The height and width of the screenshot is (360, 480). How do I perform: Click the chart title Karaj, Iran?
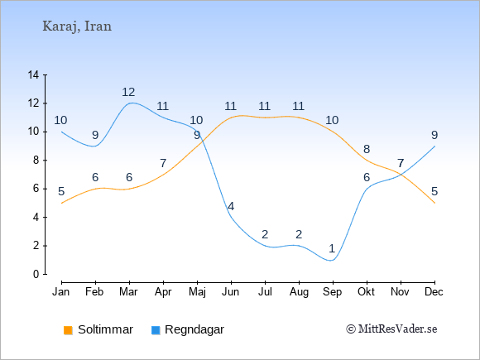point(77,26)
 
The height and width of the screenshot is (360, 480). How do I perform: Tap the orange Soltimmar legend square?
point(68,330)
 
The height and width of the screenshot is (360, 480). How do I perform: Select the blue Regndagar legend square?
point(156,330)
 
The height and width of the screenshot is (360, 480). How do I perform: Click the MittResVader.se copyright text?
point(391,329)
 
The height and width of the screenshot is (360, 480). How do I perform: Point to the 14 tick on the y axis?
point(33,74)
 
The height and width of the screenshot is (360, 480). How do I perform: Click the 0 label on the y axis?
point(36,274)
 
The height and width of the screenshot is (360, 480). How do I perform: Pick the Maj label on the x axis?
point(197,292)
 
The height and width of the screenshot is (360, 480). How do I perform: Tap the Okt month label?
point(366,292)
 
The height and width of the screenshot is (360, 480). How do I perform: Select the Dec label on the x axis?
point(434,292)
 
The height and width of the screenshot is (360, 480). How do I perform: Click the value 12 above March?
point(128,92)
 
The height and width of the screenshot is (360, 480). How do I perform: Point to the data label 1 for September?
point(332,248)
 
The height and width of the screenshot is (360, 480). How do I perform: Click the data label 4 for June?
point(231,206)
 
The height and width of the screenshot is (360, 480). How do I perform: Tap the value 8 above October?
point(367,149)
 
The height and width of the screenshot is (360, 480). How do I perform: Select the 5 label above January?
point(61,192)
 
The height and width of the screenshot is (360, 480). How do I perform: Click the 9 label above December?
point(434,135)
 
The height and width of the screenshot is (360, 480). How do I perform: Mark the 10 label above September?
point(332,120)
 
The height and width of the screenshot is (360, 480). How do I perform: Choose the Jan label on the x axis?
point(61,292)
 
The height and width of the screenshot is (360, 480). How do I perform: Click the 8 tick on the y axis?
point(36,160)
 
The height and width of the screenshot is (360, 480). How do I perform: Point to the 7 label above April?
point(163,163)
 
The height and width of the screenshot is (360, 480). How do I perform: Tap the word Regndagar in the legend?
point(194,329)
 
